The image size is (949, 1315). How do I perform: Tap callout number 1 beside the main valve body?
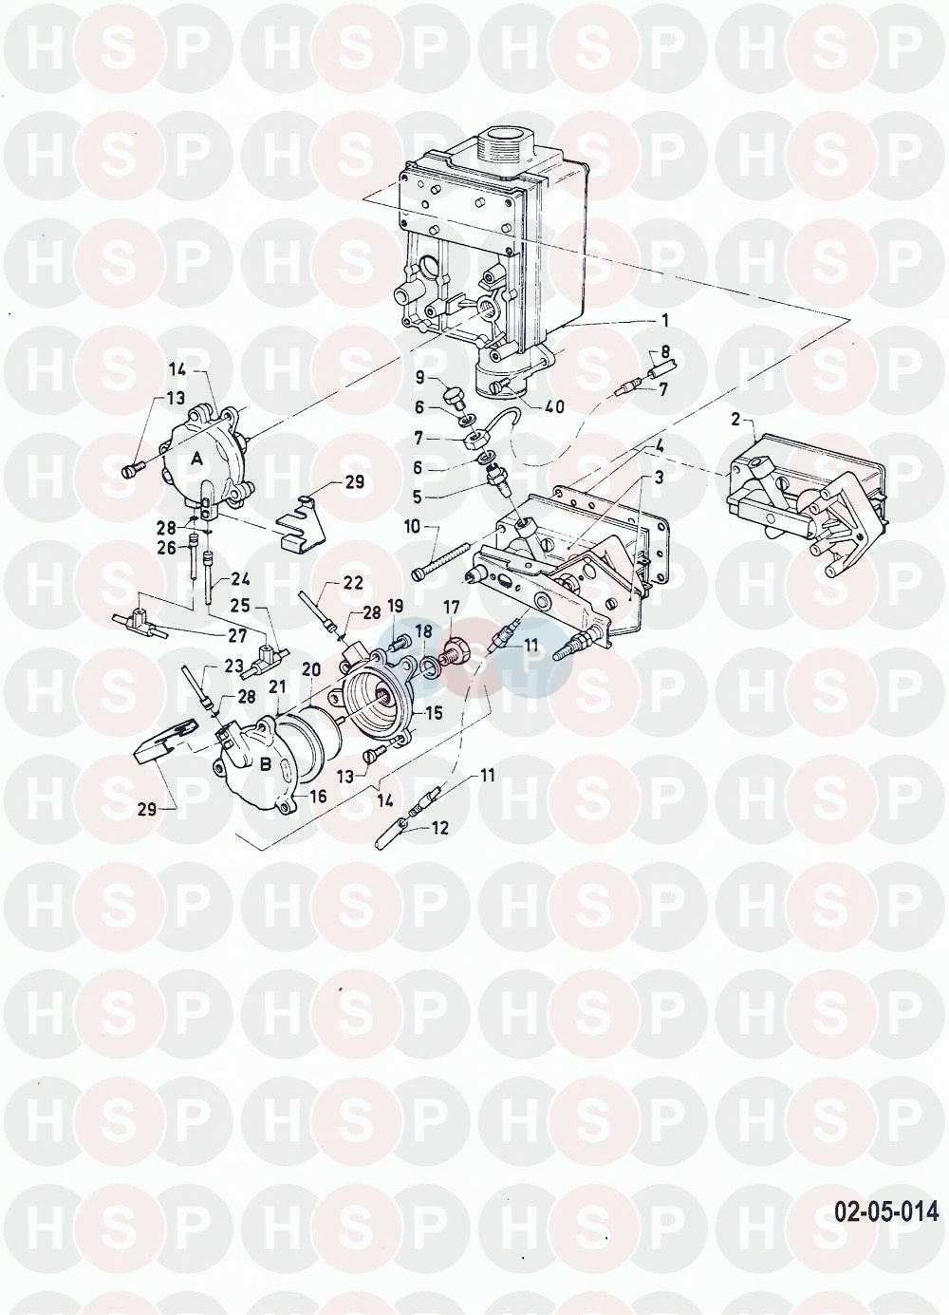pos(665,321)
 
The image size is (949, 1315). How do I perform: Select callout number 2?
pos(736,420)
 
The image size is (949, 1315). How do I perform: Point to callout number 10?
pos(413,526)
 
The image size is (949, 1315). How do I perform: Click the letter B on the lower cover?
pos(266,764)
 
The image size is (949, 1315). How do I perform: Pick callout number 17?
pos(452,607)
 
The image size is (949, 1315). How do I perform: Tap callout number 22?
pos(354,583)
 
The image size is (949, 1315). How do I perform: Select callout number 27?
pos(237,635)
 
